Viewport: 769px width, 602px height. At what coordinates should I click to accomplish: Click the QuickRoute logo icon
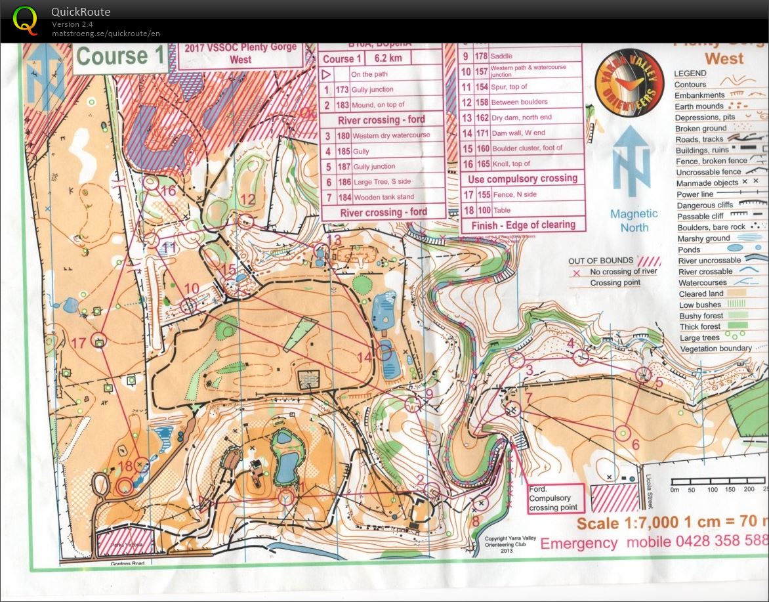coord(25,20)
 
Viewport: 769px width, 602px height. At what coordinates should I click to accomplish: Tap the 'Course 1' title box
coord(121,56)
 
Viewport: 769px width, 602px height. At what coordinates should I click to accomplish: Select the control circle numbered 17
coord(99,339)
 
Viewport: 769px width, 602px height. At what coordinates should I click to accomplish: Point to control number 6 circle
coord(623,433)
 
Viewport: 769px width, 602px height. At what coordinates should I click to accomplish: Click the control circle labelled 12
coord(246,221)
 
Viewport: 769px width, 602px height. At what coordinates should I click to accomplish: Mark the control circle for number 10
coord(189,305)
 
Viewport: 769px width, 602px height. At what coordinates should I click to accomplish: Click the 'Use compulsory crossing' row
coord(522,179)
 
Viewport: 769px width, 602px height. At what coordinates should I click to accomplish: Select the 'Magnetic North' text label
coord(633,221)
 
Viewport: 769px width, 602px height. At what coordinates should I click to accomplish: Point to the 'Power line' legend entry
coord(695,194)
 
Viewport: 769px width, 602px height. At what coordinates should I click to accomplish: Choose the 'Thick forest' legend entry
coord(699,326)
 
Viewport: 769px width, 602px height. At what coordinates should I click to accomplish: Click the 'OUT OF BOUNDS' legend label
coord(601,261)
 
